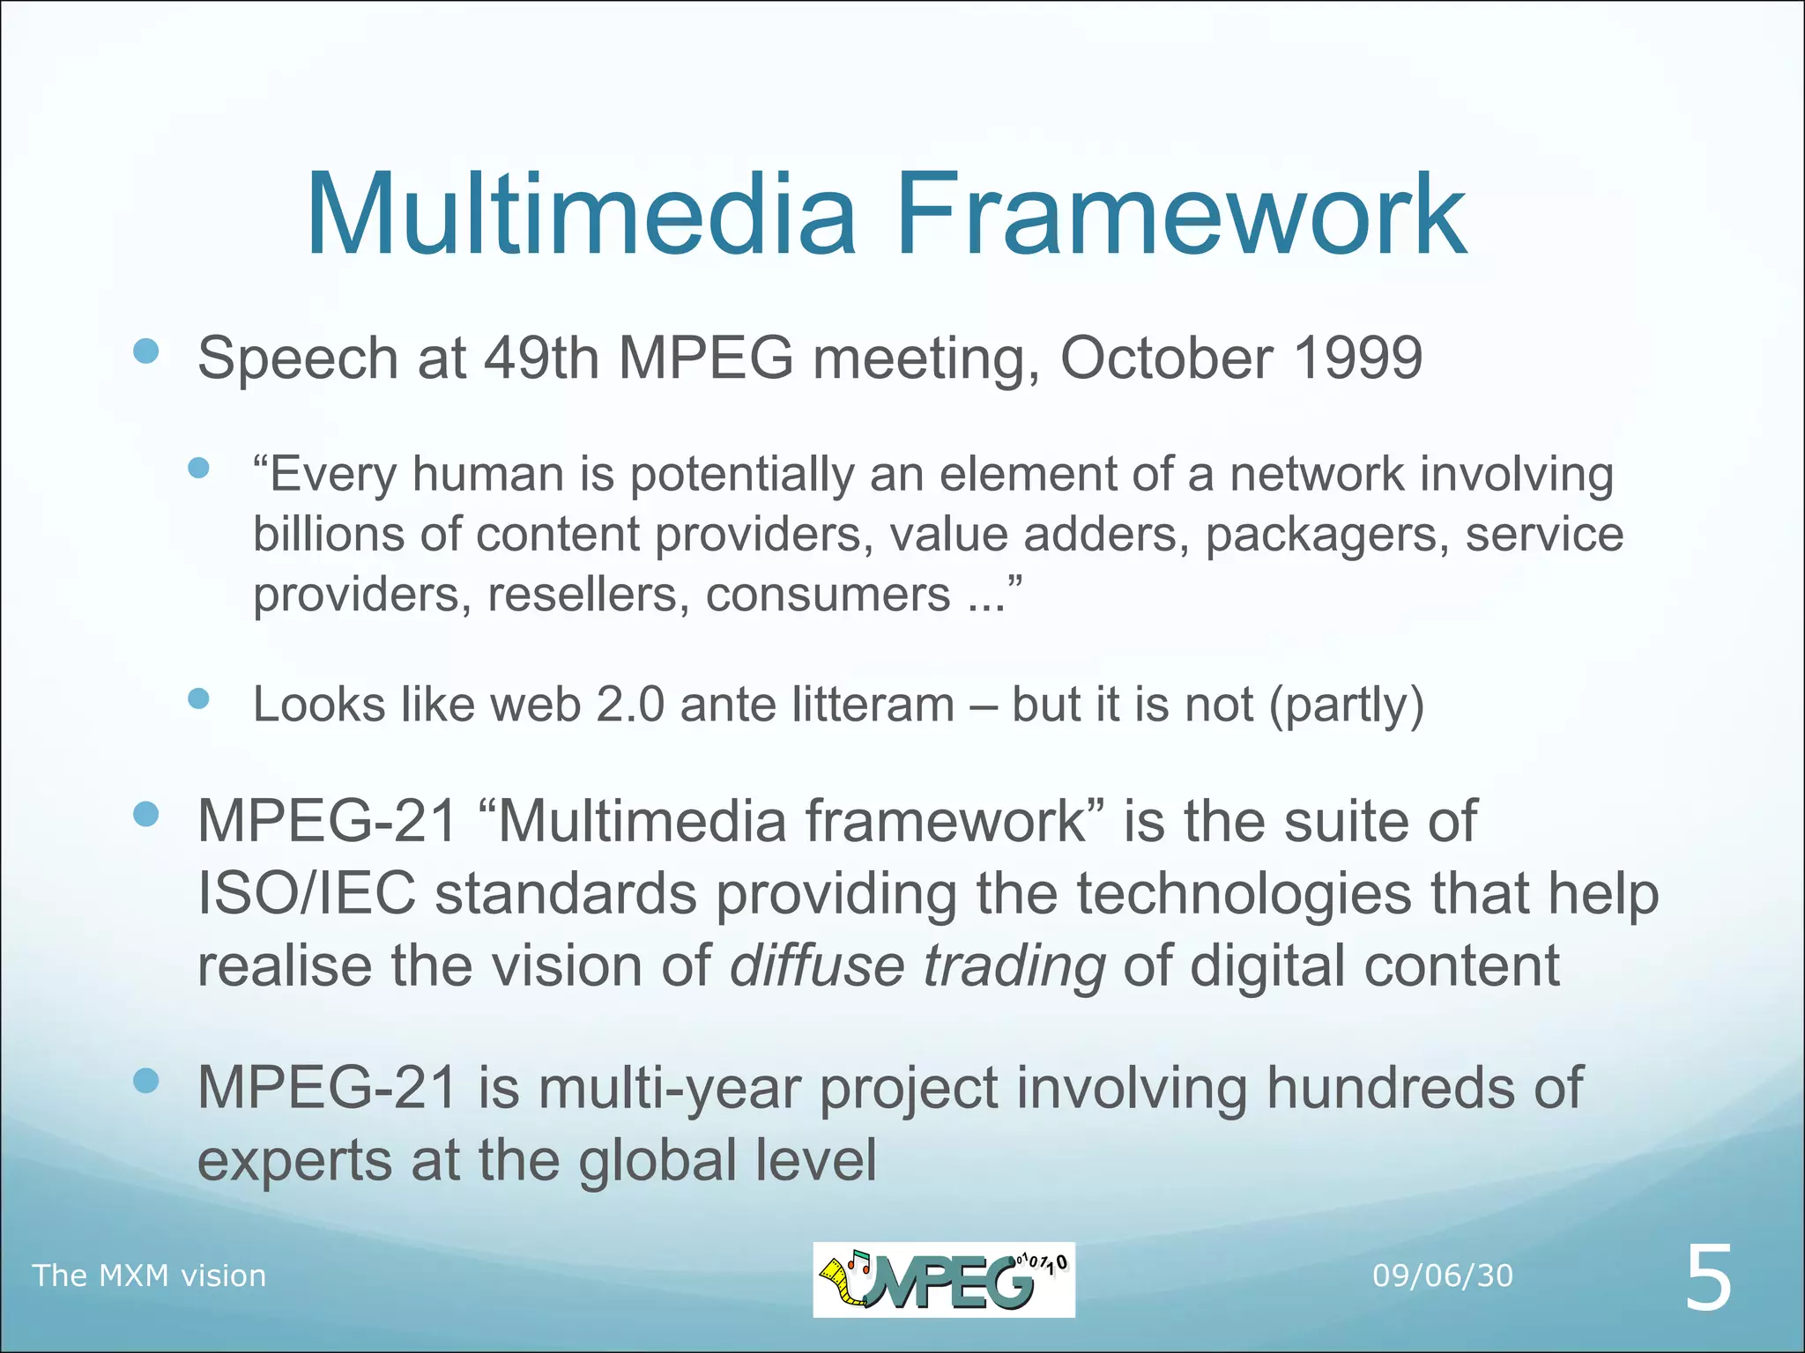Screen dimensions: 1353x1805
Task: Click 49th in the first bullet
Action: pos(541,358)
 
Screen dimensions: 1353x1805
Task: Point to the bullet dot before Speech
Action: pos(145,351)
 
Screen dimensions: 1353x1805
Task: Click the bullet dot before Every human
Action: pos(199,468)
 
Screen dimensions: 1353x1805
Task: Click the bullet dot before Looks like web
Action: pos(199,699)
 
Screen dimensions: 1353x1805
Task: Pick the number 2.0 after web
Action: pos(630,705)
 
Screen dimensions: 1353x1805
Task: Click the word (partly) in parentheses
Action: pos(1346,705)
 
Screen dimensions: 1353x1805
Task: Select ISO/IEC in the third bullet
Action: pos(306,893)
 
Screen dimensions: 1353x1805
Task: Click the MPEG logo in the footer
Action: pos(943,1279)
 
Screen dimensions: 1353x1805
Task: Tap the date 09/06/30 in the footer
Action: pos(1443,1275)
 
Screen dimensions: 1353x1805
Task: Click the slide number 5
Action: pos(1708,1279)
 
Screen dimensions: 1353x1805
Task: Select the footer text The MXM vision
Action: pos(149,1275)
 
